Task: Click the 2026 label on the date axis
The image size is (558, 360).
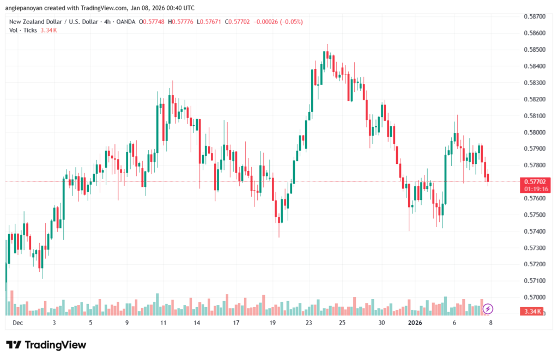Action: point(415,322)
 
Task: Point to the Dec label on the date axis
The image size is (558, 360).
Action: point(17,322)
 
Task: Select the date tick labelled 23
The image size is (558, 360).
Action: point(308,322)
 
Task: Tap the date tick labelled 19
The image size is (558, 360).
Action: point(273,322)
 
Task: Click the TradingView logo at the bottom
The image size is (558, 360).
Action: point(46,345)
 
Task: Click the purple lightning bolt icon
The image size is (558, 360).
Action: point(488,309)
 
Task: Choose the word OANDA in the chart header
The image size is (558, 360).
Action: point(125,22)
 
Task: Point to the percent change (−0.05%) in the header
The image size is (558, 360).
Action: point(293,22)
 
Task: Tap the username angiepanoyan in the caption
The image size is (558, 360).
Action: point(26,8)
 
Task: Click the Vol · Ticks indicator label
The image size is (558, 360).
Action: point(23,30)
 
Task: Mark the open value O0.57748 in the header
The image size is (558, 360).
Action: point(153,22)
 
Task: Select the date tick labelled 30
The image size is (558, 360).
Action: point(382,322)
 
